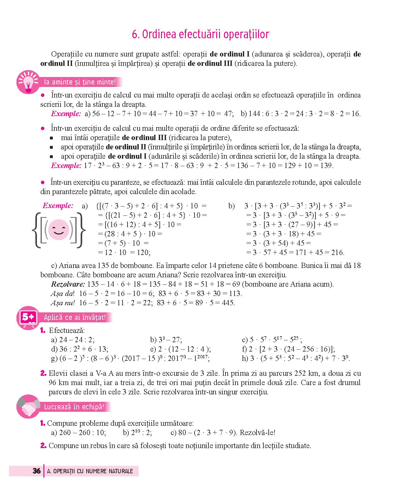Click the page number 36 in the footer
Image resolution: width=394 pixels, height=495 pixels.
[x=37, y=471]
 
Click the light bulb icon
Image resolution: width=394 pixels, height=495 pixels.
[x=28, y=82]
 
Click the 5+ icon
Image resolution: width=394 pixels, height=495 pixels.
[x=28, y=317]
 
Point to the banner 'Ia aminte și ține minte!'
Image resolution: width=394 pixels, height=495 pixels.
[x=80, y=82]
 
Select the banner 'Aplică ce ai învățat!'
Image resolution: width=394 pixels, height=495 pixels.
[x=75, y=317]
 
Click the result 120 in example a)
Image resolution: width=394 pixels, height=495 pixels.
[x=143, y=252]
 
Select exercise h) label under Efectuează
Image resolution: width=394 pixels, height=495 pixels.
[x=245, y=358]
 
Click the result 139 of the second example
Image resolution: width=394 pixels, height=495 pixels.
[x=326, y=166]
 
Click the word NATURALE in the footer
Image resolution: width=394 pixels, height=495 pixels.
[x=121, y=471]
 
